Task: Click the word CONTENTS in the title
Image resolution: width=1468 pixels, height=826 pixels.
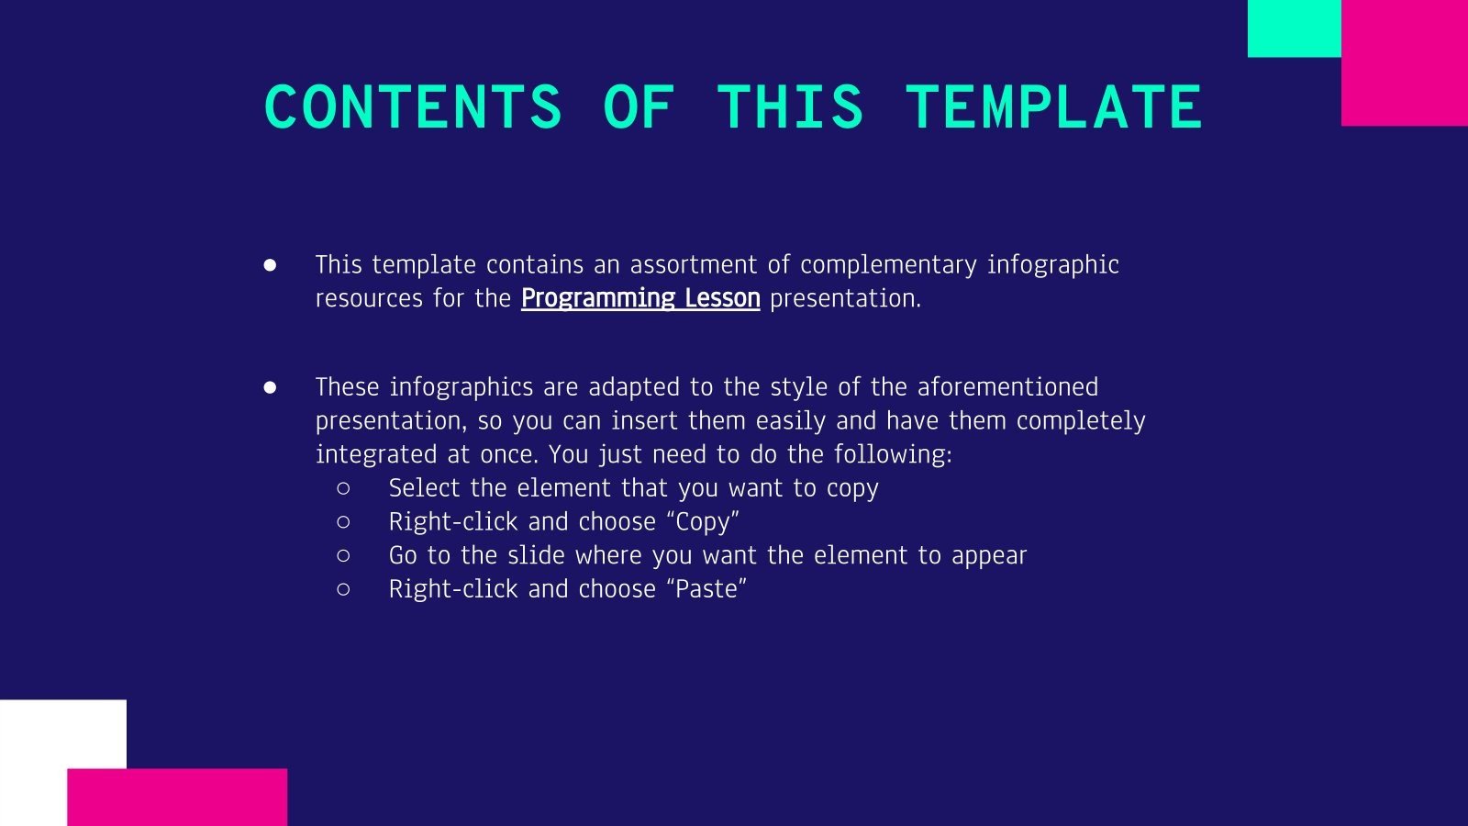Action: (412, 106)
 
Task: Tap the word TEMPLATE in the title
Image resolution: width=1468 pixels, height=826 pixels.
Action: (1053, 106)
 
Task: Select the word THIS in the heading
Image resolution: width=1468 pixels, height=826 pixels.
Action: (790, 106)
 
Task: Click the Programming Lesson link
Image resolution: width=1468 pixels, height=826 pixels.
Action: (640, 298)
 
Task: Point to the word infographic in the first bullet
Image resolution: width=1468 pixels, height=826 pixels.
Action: (1052, 265)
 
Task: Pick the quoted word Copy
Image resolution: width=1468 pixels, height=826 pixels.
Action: (703, 522)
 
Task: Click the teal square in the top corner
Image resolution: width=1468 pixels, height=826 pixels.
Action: (1294, 28)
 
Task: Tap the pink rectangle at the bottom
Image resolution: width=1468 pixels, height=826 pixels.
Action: (177, 797)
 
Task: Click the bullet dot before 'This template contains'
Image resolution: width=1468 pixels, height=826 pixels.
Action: (270, 265)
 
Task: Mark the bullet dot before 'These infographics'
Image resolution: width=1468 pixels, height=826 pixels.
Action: (270, 387)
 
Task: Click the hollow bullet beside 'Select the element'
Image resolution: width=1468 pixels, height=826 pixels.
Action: (344, 488)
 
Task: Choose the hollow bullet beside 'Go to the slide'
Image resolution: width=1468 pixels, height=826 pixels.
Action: (344, 555)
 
